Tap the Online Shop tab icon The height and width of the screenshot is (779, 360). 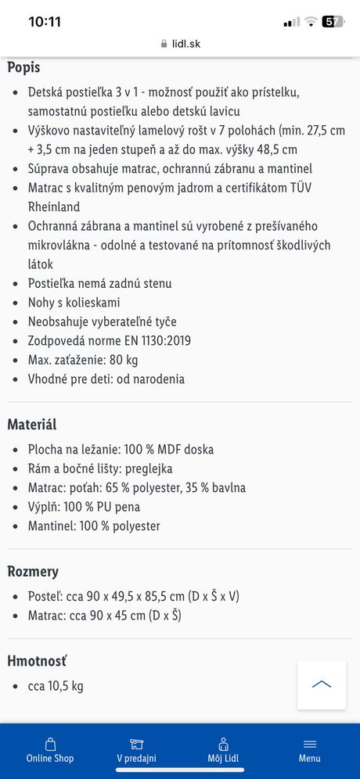[x=50, y=744]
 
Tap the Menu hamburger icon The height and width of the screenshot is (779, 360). [x=309, y=744]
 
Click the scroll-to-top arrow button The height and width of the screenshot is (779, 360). [x=322, y=684]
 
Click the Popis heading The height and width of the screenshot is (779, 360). [x=23, y=67]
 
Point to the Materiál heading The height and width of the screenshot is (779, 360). [x=32, y=425]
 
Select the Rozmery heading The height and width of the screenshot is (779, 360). [x=33, y=571]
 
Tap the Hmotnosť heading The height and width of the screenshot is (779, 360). [x=37, y=661]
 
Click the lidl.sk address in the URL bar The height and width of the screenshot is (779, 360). [x=185, y=45]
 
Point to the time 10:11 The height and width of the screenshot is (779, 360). [x=45, y=22]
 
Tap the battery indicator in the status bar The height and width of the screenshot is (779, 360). [x=333, y=22]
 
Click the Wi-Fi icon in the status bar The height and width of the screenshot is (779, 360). [x=311, y=22]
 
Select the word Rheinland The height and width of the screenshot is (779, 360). [x=54, y=207]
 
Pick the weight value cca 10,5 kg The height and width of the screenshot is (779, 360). [x=56, y=686]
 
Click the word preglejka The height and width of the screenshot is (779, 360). [x=149, y=468]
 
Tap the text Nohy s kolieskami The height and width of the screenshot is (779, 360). [x=74, y=303]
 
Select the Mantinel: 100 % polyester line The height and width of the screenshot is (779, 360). [x=94, y=526]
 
